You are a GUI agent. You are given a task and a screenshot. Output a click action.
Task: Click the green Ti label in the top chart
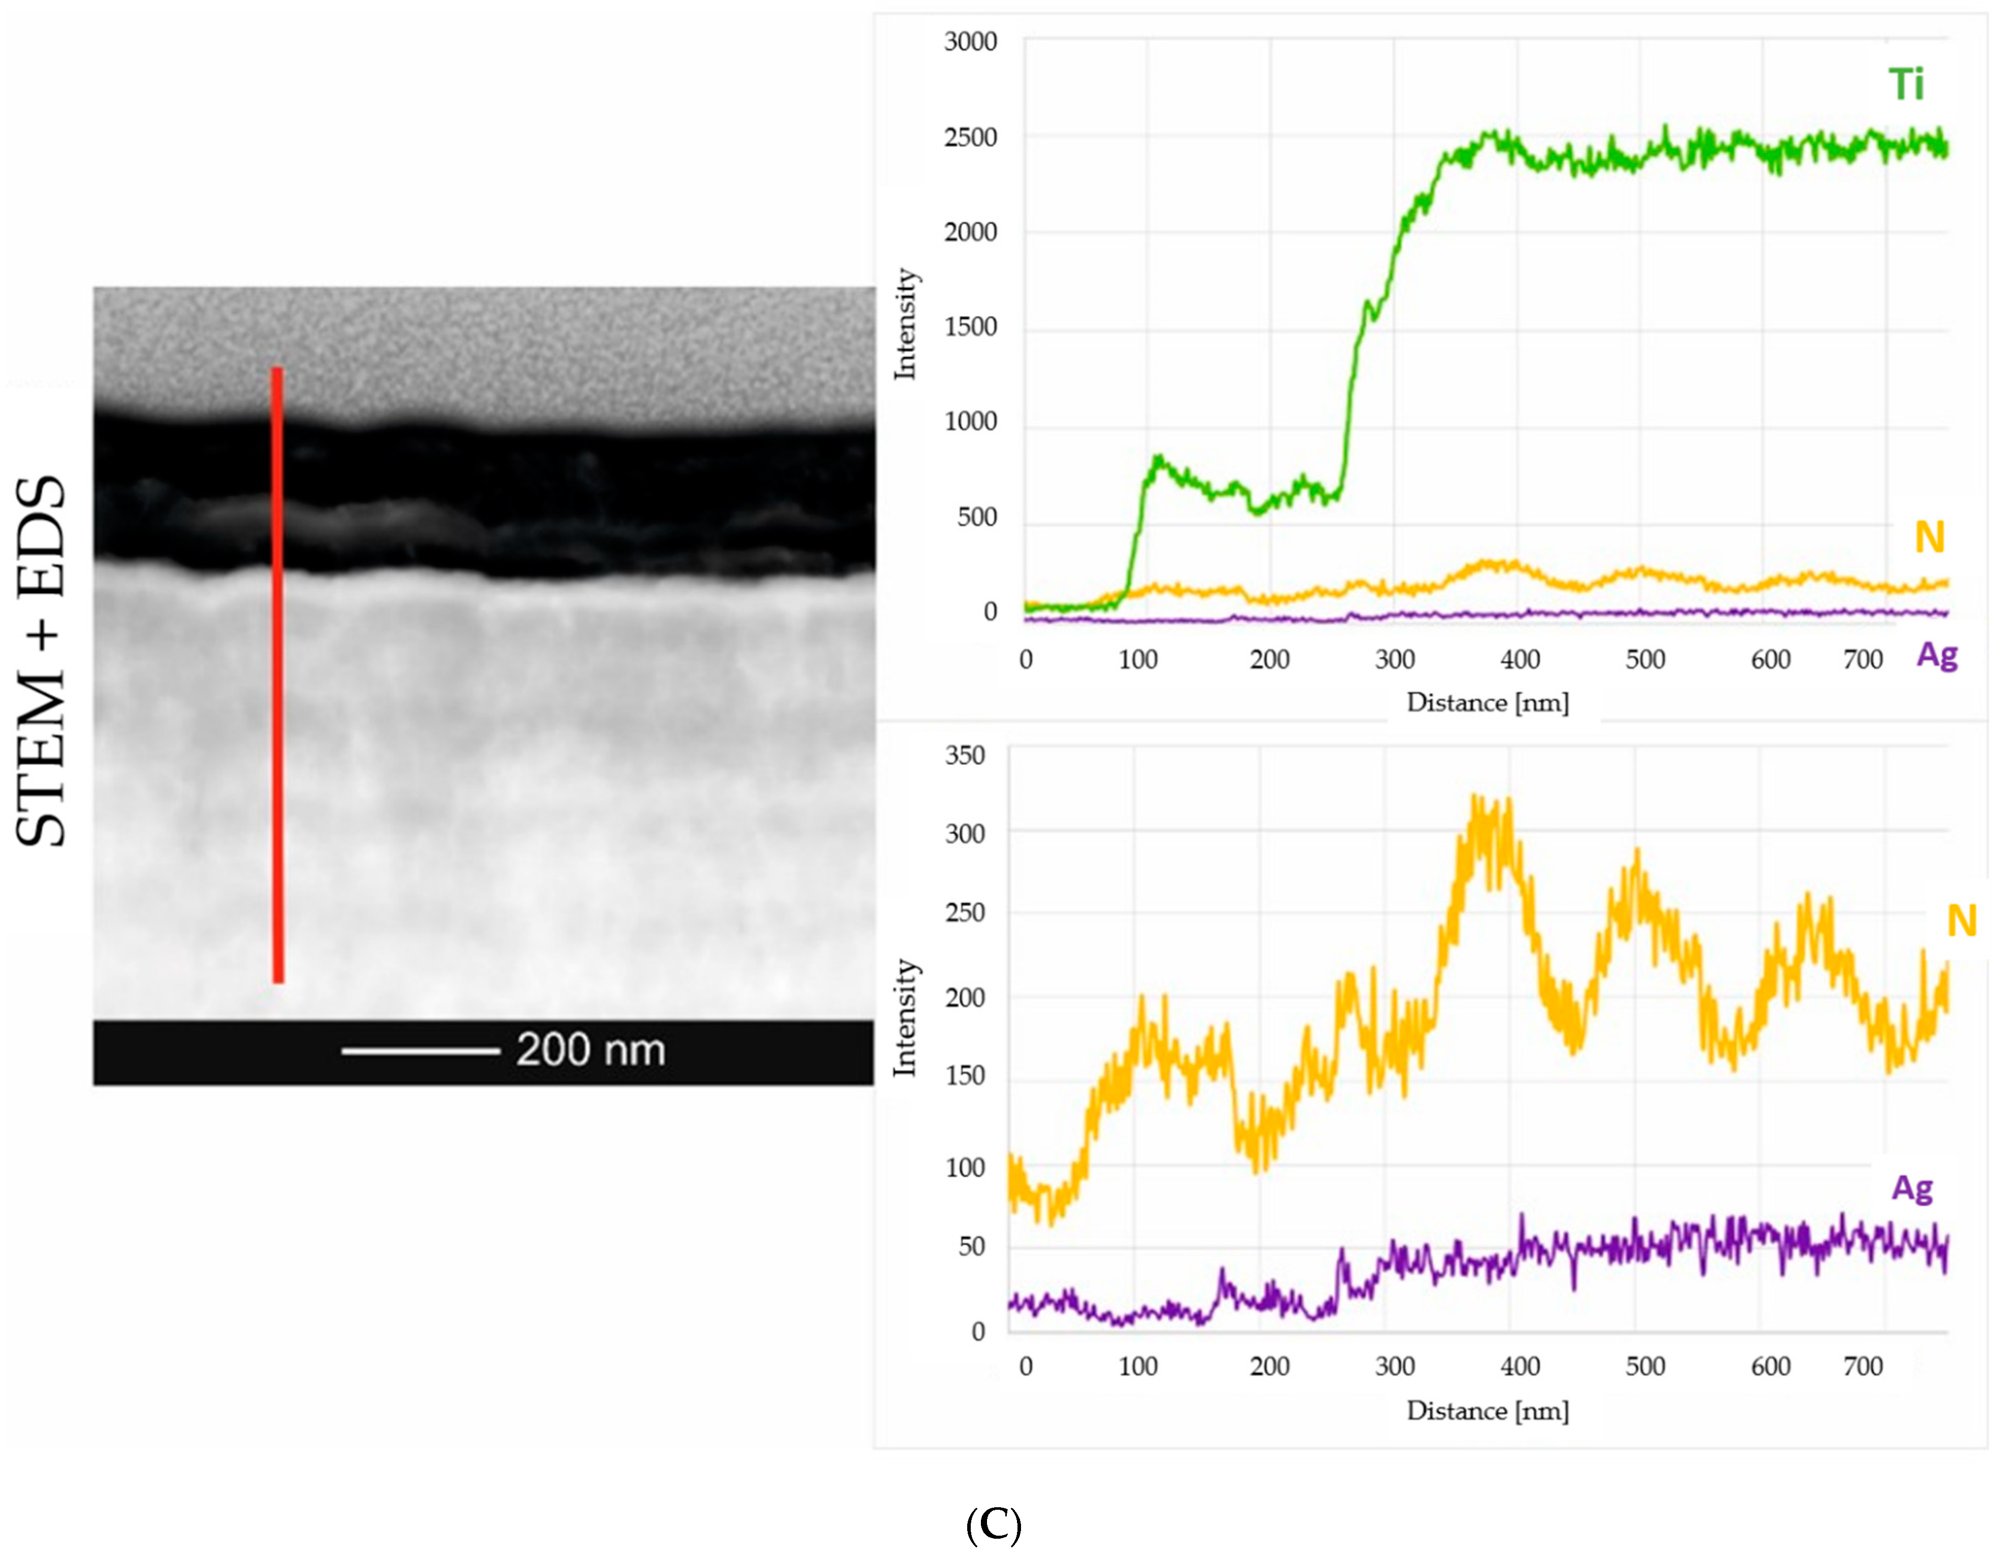[x=1906, y=84]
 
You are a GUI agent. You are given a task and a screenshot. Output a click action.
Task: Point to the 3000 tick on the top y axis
[x=970, y=42]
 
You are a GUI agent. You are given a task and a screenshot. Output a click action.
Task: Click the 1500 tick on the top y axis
[x=970, y=327]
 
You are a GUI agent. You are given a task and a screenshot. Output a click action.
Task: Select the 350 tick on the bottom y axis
[x=965, y=755]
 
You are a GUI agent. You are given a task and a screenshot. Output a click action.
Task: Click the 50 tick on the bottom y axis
[x=971, y=1247]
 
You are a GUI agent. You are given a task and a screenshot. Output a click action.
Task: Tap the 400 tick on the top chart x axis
[x=1520, y=659]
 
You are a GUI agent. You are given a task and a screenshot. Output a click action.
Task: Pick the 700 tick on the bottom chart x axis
[x=1863, y=1366]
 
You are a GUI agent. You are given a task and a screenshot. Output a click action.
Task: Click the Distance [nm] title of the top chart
[x=1487, y=703]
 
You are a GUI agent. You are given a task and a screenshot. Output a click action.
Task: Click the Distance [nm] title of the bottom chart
[x=1487, y=1410]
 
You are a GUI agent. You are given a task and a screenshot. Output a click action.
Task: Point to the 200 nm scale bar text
[x=590, y=1049]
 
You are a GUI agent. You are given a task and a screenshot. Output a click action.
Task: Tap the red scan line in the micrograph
[x=277, y=675]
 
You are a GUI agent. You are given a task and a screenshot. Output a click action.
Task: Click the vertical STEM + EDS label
[x=41, y=661]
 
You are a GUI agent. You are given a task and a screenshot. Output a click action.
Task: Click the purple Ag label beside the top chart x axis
[x=1936, y=655]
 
